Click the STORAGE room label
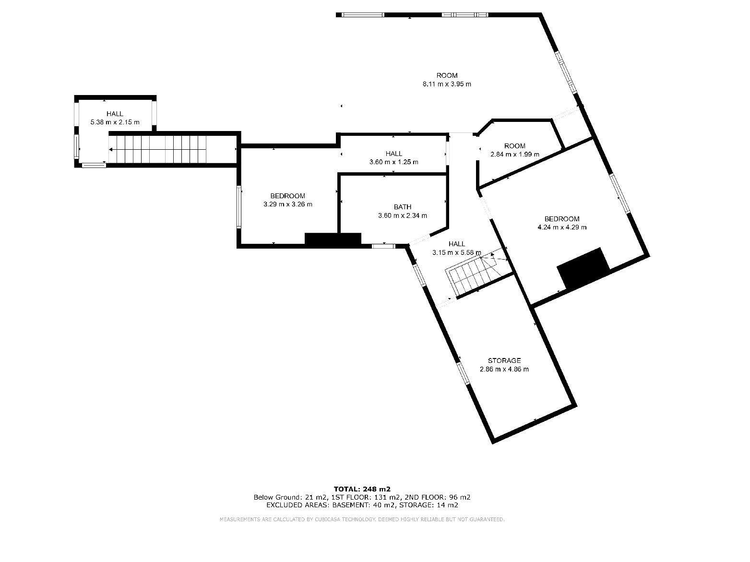[x=504, y=360]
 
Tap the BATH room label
[x=402, y=207]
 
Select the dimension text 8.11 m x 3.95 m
[x=447, y=84]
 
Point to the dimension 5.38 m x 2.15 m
[x=115, y=122]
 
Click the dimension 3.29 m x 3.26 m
[x=288, y=204]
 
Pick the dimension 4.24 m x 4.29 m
[x=562, y=227]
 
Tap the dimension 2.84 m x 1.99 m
[x=514, y=154]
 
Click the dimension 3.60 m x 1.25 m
[x=393, y=162]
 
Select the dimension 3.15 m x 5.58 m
[x=456, y=252]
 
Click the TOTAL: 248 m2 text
[x=362, y=489]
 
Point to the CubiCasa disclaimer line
[x=362, y=519]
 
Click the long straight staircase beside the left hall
[x=157, y=149]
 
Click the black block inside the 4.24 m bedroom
[x=583, y=269]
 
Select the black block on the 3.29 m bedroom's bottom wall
[x=333, y=239]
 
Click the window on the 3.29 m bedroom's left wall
[x=239, y=207]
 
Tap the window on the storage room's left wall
[x=463, y=374]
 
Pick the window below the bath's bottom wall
[x=383, y=246]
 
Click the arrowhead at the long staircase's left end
[x=111, y=149]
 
